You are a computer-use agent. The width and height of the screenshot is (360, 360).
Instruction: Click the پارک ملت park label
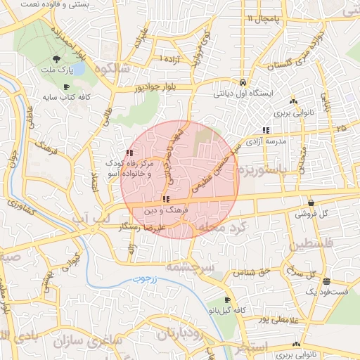coord(56,71)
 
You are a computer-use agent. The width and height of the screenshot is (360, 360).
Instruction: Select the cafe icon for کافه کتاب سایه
coord(66,87)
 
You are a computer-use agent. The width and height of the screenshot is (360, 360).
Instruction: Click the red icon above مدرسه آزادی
coord(266,130)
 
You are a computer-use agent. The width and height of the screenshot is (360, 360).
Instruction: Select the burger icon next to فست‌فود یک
coord(327,281)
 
